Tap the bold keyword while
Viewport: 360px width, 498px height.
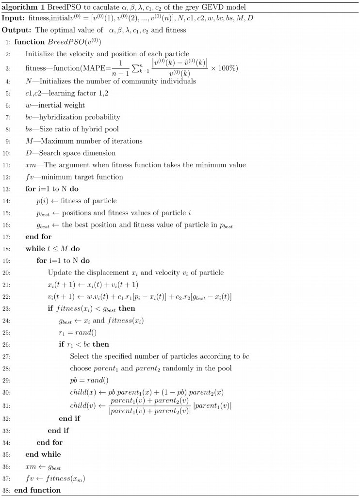(35, 248)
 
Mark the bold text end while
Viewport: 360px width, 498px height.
(43, 454)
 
